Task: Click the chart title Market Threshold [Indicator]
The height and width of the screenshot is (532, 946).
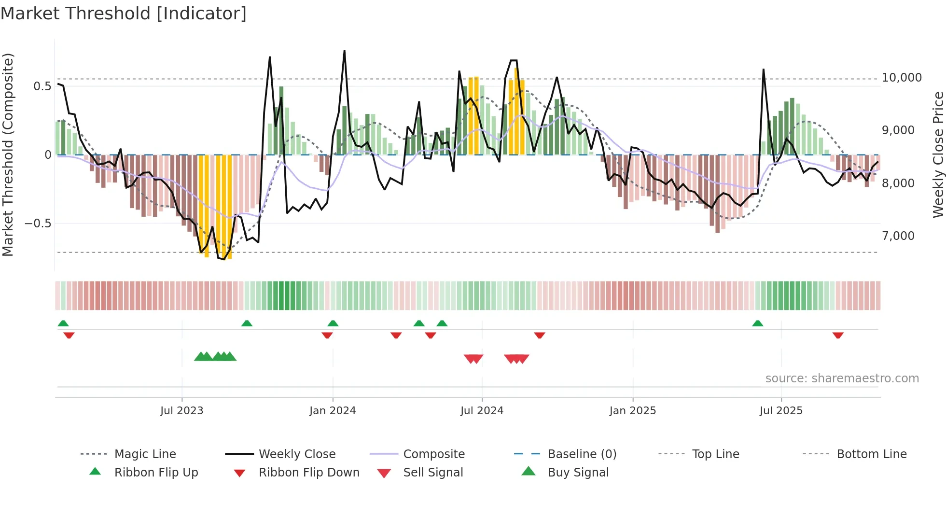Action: (x=124, y=14)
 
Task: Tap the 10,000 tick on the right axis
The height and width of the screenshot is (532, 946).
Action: (x=901, y=78)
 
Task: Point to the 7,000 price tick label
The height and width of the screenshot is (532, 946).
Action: (x=898, y=236)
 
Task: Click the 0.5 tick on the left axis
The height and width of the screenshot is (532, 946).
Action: (x=42, y=86)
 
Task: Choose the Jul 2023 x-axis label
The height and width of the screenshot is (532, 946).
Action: (x=181, y=411)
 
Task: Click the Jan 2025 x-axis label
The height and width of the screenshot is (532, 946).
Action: (x=632, y=411)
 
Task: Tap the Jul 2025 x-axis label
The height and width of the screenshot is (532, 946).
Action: (x=780, y=411)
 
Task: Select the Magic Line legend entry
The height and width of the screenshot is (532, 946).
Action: (x=145, y=454)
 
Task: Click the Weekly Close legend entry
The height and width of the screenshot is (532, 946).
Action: (x=297, y=454)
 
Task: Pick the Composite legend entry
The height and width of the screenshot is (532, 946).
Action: (x=433, y=454)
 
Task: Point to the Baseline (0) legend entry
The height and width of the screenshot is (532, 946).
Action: (x=582, y=454)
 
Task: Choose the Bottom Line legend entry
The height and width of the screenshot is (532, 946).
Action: (x=871, y=454)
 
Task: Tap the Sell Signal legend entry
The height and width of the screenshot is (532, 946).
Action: (x=432, y=473)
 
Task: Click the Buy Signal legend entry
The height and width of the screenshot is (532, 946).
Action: (x=578, y=473)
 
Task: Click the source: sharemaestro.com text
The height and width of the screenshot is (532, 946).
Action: (x=842, y=378)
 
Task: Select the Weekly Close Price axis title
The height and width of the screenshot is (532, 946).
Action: (x=938, y=154)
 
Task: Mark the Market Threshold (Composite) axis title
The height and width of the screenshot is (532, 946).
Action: (x=8, y=154)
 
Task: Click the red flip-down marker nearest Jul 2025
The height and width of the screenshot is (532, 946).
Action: (x=838, y=335)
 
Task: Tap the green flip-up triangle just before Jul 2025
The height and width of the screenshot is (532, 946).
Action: (x=757, y=323)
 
